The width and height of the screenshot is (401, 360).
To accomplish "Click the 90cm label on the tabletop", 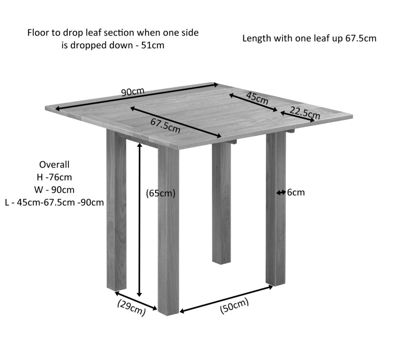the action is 133,92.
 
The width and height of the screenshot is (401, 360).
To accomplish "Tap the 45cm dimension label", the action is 257,98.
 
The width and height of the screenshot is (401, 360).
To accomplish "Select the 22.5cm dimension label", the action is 305,113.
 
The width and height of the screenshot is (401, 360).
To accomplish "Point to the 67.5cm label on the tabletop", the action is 165,126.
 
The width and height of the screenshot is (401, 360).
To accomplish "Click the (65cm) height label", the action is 161,193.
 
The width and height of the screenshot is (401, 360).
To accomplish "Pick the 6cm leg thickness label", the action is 296,192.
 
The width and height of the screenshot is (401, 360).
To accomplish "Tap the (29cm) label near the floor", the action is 132,307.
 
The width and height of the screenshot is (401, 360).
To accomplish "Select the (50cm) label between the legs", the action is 234,306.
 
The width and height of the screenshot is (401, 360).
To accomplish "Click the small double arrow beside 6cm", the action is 281,192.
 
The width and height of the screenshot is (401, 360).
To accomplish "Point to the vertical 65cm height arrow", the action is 140,220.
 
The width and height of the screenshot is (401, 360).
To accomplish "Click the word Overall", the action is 54,165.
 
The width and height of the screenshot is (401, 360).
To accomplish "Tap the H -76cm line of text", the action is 54,177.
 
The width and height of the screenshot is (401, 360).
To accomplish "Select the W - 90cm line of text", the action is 54,190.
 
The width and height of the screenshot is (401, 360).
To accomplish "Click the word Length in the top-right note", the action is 257,39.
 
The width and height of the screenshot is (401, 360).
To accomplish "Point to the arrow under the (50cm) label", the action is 226,299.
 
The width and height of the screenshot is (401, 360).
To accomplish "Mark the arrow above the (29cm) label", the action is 136,301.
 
